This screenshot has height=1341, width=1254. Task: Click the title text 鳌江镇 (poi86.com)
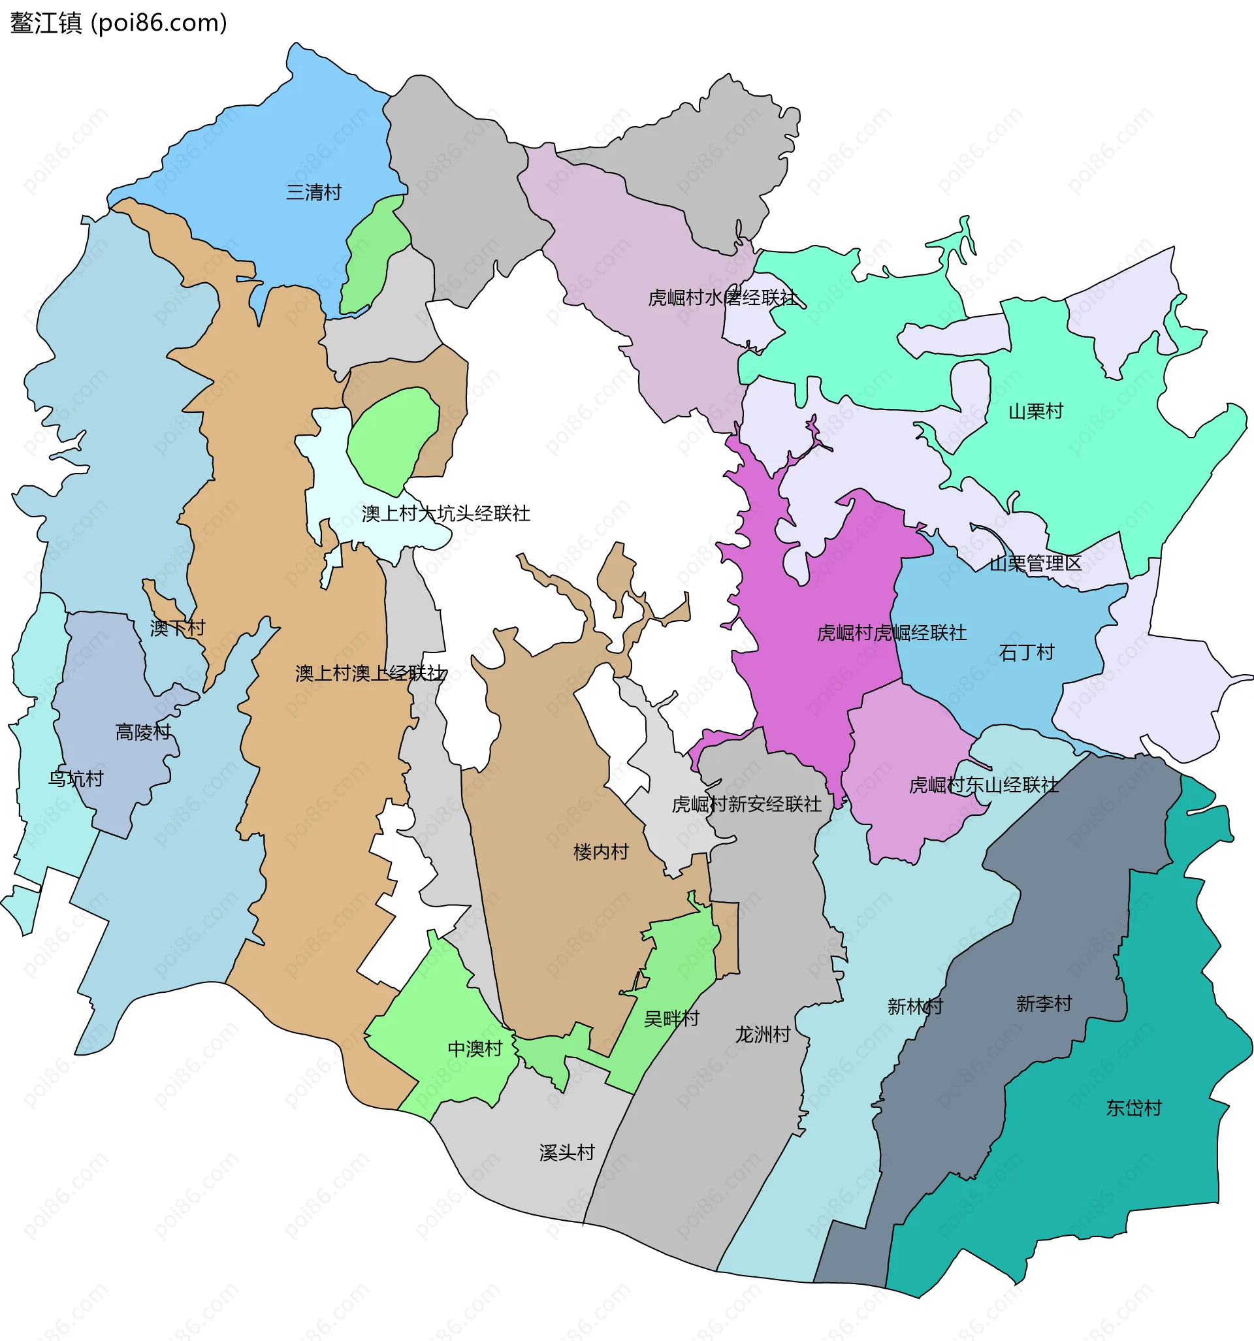click(118, 23)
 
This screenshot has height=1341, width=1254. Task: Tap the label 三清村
click(313, 193)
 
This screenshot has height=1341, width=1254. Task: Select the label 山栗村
click(1035, 412)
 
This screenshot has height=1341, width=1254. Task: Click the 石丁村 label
click(1026, 653)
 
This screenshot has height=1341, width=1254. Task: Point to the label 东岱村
click(1133, 1108)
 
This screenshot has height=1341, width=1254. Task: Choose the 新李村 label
click(1044, 1004)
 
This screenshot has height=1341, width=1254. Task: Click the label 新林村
click(914, 1007)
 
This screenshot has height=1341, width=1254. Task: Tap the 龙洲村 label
click(762, 1035)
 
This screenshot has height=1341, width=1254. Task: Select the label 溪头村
click(567, 1153)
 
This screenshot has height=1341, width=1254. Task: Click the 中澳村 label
click(475, 1049)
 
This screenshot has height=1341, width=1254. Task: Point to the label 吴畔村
click(671, 1018)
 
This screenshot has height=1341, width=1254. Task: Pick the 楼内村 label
click(600, 852)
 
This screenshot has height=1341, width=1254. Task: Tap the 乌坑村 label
click(76, 779)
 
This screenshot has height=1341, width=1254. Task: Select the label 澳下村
click(178, 628)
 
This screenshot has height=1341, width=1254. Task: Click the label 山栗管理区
click(1035, 563)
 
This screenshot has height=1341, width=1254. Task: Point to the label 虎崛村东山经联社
click(984, 785)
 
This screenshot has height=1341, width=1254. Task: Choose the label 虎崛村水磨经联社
click(722, 297)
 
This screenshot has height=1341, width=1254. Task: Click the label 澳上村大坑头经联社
click(446, 514)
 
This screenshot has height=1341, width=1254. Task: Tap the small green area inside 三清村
click(373, 256)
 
